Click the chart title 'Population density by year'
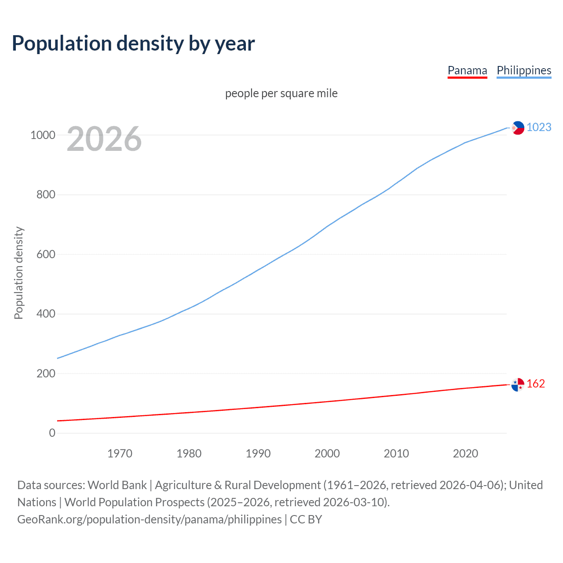click(x=133, y=44)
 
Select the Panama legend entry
click(x=467, y=70)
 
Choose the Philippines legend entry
click(x=523, y=70)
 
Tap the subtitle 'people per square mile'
click(x=281, y=93)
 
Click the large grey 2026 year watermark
click(x=104, y=139)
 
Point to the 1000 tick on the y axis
click(x=43, y=135)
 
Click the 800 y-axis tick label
click(x=46, y=194)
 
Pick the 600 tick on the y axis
click(x=46, y=254)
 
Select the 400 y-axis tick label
click(x=46, y=314)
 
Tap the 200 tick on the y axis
click(x=46, y=373)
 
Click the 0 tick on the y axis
click(x=52, y=433)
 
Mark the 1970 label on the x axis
click(x=120, y=453)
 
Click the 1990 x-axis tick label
click(x=258, y=453)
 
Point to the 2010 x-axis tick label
click(x=396, y=453)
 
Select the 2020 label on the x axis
click(x=465, y=453)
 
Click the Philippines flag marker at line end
click(x=518, y=128)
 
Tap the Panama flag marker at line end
click(x=518, y=384)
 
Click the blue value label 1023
click(x=539, y=127)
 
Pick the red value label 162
click(x=535, y=384)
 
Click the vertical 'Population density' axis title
click(x=18, y=273)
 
